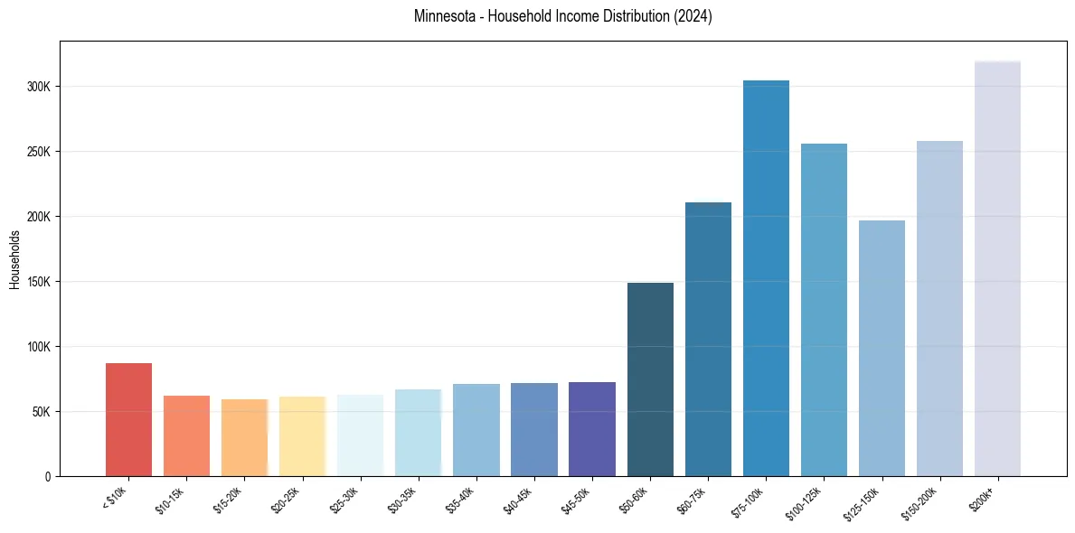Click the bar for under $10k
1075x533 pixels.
pyautogui.click(x=128, y=419)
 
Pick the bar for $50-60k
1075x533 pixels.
pyautogui.click(x=650, y=379)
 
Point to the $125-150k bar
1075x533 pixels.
pyautogui.click(x=882, y=348)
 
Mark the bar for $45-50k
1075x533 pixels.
pyautogui.click(x=592, y=429)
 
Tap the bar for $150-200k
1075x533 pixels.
pyautogui.click(x=939, y=308)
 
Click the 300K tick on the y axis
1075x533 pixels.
pyautogui.click(x=40, y=87)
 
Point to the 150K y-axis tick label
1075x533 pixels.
pyautogui.click(x=40, y=282)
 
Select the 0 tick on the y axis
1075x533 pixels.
pyautogui.click(x=48, y=477)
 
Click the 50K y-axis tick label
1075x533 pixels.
pyautogui.click(x=42, y=412)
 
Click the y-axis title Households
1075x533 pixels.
pyautogui.click(x=14, y=259)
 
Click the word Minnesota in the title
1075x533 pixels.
pyautogui.click(x=441, y=16)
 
